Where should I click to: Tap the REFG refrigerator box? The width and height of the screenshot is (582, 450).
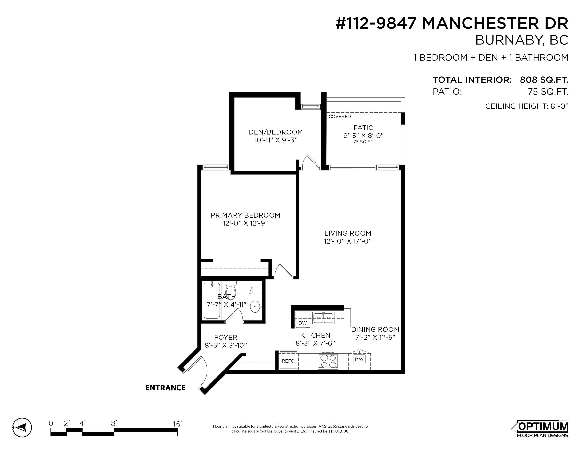(288, 361)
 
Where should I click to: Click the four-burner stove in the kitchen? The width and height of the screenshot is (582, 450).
(328, 361)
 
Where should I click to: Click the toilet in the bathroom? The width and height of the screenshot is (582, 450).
(231, 288)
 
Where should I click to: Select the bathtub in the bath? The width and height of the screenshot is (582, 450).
(212, 300)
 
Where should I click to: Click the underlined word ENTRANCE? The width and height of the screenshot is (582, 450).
(165, 388)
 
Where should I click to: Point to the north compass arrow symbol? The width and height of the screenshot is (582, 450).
(22, 427)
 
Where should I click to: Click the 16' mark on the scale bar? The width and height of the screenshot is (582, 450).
(177, 424)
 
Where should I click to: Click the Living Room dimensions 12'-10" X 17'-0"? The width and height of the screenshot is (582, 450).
(348, 241)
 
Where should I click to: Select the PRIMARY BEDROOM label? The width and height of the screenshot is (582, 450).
(245, 215)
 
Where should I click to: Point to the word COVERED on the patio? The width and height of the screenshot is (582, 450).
(340, 116)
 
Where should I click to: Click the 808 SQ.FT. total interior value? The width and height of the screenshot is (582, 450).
(544, 80)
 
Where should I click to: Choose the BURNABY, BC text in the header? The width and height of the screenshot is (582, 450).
(522, 40)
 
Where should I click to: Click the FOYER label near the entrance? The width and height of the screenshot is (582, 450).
(226, 337)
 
